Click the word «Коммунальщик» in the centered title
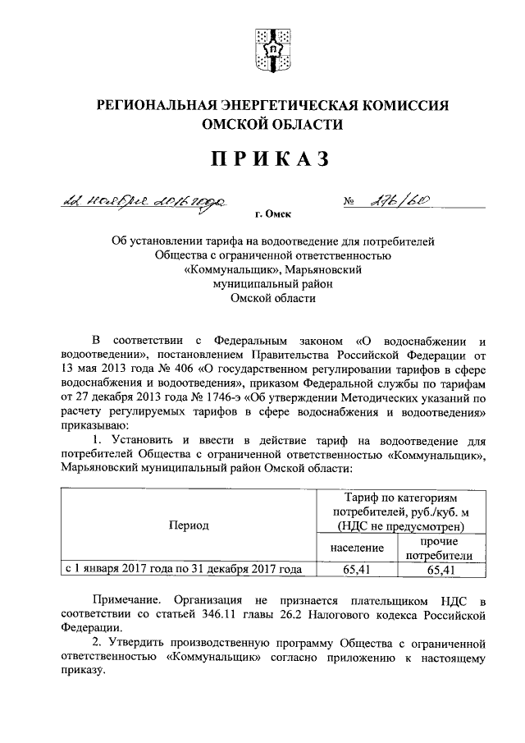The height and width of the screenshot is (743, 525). (219, 268)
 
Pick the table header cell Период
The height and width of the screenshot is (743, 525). (189, 525)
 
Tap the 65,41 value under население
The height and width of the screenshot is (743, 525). (358, 568)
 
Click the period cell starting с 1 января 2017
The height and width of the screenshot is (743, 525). (183, 568)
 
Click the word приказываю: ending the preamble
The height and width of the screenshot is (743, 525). (93, 428)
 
